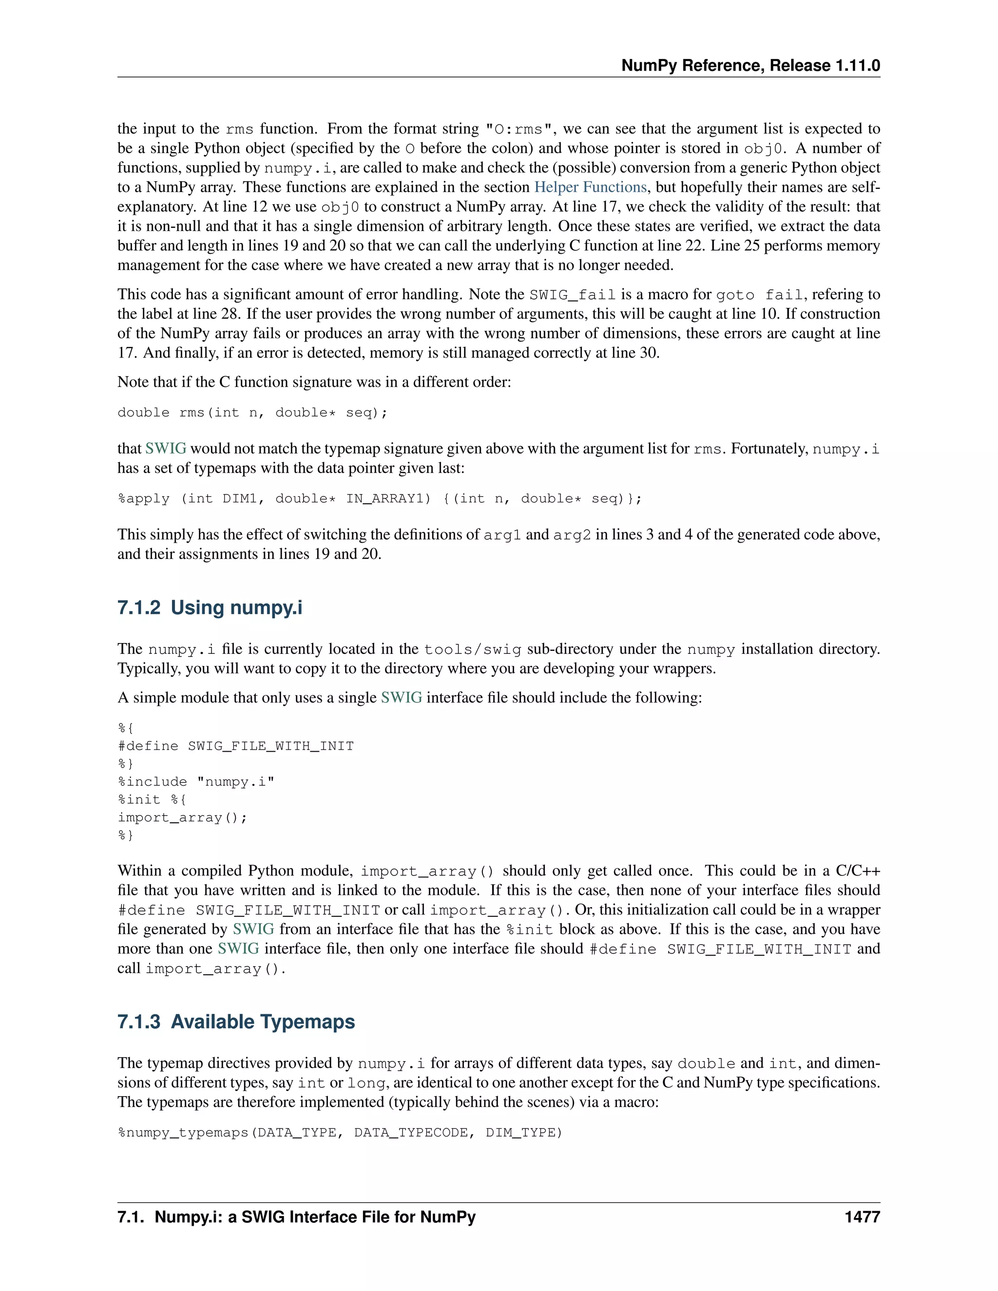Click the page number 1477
(862, 1217)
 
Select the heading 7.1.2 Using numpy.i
(210, 608)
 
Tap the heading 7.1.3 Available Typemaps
(236, 1022)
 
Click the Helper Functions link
(590, 188)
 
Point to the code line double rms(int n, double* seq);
(252, 413)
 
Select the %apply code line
(380, 499)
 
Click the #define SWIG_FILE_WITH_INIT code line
(235, 746)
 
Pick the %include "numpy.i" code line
(196, 781)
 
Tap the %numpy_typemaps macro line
(340, 1133)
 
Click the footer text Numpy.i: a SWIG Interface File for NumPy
(314, 1217)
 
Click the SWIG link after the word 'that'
(166, 449)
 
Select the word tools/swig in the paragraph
(472, 649)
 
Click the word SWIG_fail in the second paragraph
(572, 295)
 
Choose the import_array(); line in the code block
(182, 817)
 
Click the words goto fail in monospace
(760, 295)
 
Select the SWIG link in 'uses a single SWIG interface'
(402, 698)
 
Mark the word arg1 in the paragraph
(502, 535)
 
